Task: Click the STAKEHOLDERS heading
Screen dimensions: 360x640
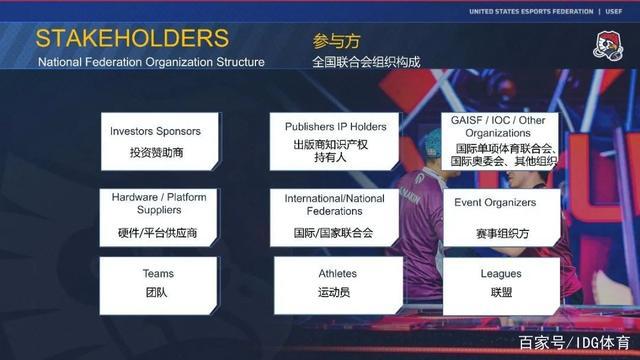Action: point(132,39)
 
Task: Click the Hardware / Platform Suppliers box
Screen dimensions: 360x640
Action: point(158,215)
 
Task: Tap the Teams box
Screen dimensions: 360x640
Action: point(158,284)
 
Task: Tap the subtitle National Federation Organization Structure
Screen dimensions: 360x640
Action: point(151,62)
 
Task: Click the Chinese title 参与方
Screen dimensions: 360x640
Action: point(336,41)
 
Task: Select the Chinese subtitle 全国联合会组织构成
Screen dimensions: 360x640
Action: point(366,62)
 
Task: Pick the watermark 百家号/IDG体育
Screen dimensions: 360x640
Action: point(574,343)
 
